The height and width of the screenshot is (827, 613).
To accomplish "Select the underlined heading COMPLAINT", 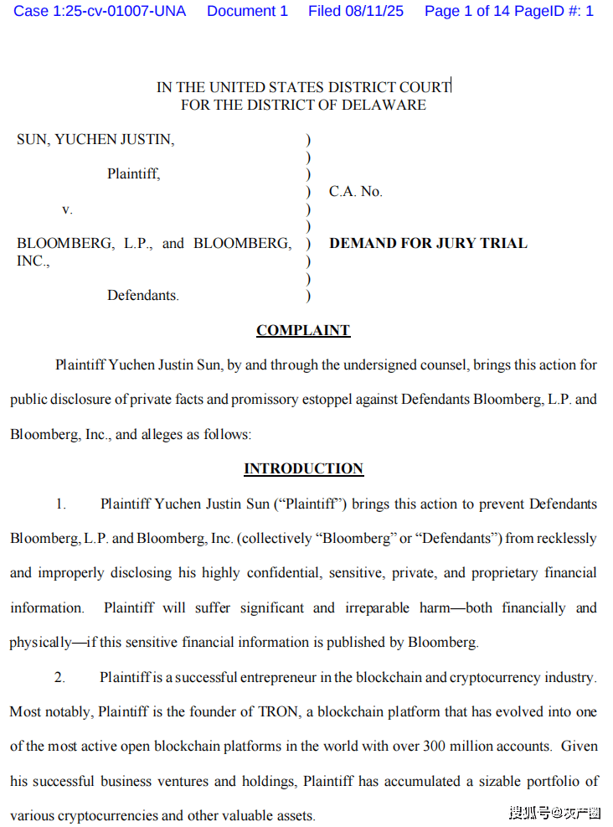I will [x=303, y=330].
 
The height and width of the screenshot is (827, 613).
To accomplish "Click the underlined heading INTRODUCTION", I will [x=303, y=468].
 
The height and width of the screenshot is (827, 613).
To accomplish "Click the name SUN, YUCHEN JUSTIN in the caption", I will [x=95, y=140].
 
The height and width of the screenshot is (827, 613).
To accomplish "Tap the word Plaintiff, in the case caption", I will [x=133, y=174].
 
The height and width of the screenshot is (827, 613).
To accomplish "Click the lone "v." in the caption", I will [x=67, y=209].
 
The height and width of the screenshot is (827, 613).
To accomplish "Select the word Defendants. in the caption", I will [x=142, y=295].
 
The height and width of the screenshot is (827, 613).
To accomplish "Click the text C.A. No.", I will [x=355, y=192].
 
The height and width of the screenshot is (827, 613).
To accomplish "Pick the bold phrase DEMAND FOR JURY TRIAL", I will [x=428, y=244].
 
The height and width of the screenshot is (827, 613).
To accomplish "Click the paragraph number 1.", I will [x=60, y=504].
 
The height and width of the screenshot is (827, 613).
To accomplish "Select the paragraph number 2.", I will [x=59, y=677].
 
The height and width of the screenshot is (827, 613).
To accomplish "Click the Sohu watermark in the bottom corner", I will [x=554, y=812].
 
